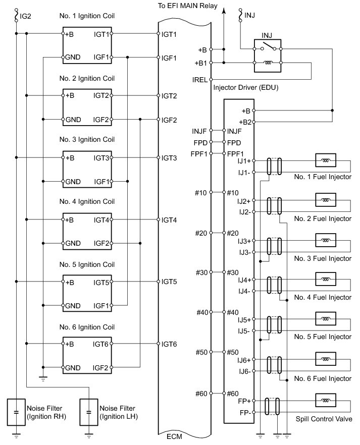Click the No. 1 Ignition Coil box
[x=87, y=46]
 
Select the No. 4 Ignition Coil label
[x=86, y=202]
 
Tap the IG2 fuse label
[x=26, y=16]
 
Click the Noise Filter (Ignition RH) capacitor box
[x=17, y=411]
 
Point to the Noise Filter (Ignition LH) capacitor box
[x=89, y=411]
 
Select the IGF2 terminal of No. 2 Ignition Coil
[x=101, y=120]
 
